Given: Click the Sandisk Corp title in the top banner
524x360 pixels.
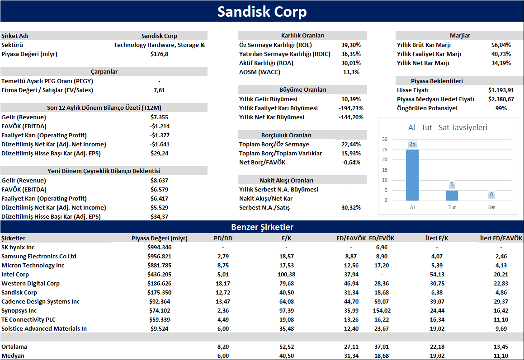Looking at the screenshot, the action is pos(262,12).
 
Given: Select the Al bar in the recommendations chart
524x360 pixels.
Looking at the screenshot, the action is pos(412,175).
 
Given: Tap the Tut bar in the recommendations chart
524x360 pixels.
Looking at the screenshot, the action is pos(452,196).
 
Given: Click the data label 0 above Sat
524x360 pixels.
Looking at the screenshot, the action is pos(491,194).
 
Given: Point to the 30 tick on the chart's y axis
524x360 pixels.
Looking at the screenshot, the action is pos(385,139).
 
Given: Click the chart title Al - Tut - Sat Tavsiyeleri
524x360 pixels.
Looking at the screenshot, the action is pos(448,127).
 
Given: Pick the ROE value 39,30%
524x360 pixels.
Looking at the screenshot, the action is pos(351,45).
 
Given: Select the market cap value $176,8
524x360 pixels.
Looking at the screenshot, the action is pos(160,54).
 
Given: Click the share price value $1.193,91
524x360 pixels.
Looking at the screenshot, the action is pos(501,90).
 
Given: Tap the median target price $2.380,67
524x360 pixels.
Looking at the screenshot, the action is pos(501,99).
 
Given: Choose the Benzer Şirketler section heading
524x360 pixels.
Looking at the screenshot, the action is pos(262,227).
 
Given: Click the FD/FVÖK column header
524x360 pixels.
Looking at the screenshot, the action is pos(382,238).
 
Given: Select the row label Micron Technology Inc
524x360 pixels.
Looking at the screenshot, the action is pos(33,266).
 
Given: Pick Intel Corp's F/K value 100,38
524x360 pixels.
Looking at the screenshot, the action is pos(286,275).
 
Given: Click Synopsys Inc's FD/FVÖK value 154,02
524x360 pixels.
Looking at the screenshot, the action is pos(382,311).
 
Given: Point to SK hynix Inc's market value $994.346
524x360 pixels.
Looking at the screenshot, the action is pos(160,248).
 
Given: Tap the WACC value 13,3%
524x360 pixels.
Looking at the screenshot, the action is pos(351,72).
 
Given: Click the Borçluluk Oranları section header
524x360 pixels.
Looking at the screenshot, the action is pos(286,135).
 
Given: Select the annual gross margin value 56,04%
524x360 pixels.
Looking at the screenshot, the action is pos(501,45).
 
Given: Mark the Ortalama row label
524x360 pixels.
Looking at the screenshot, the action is pos(14,346).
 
